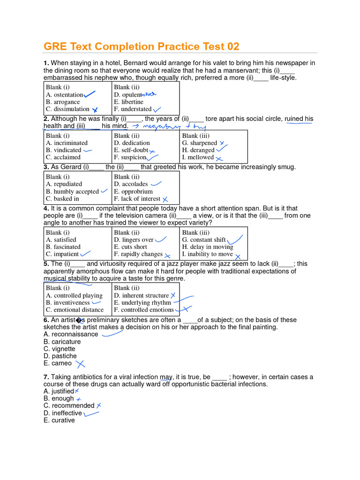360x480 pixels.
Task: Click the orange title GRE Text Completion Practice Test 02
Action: (x=141, y=46)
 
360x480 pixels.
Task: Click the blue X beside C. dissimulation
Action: (x=95, y=110)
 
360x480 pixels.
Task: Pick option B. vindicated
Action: (x=64, y=150)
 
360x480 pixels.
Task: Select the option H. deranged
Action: (x=198, y=150)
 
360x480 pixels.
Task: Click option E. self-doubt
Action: (x=131, y=150)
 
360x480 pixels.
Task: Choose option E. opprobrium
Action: (x=133, y=191)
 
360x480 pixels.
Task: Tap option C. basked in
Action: (x=62, y=199)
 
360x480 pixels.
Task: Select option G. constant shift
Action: (x=204, y=240)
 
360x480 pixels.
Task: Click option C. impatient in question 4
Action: (x=62, y=254)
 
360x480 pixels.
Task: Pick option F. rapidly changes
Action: (x=138, y=254)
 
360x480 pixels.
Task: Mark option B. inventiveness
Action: (x=68, y=303)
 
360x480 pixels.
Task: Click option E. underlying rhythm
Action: (x=142, y=303)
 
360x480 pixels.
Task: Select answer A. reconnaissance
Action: (x=71, y=334)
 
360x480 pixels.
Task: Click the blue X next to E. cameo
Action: (x=81, y=364)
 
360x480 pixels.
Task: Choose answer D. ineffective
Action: (x=63, y=413)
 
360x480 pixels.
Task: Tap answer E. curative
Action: (x=59, y=420)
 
